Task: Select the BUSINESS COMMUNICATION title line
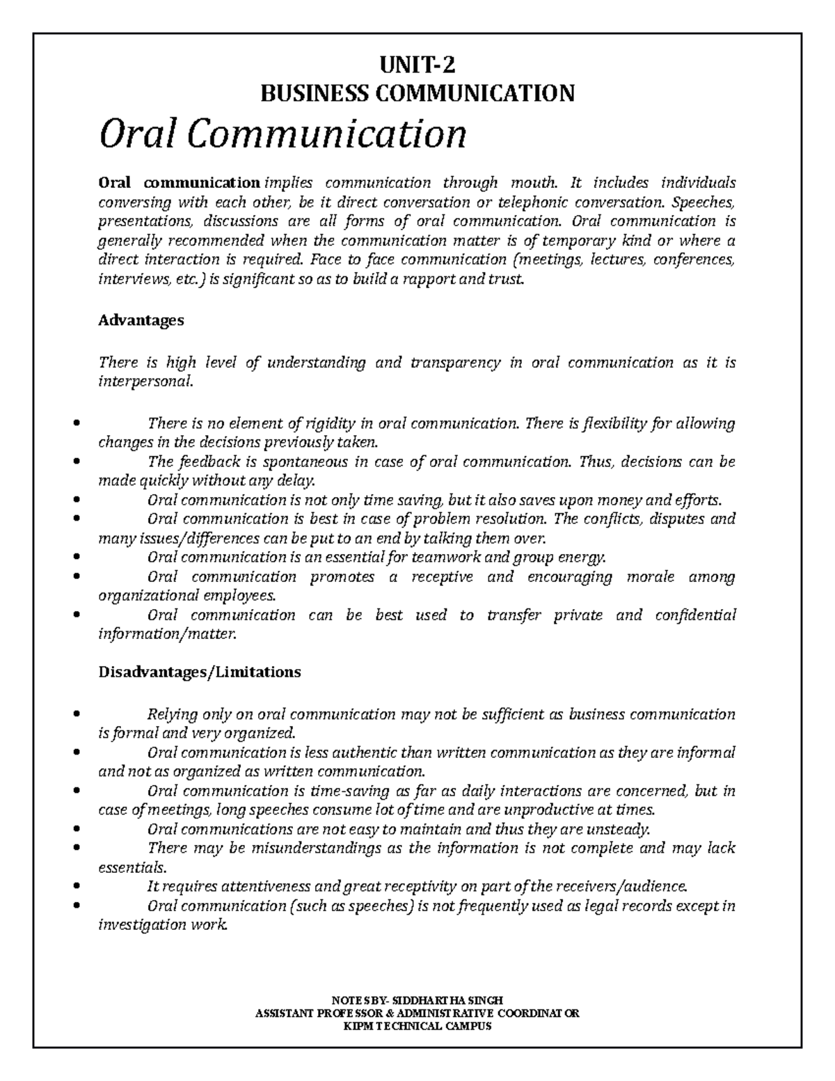[417, 93]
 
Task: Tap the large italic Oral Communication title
[283, 134]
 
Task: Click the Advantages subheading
[141, 320]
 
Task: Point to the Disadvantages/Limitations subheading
[200, 672]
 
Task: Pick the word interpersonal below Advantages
[144, 381]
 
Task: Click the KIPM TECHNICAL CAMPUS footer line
[417, 1026]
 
